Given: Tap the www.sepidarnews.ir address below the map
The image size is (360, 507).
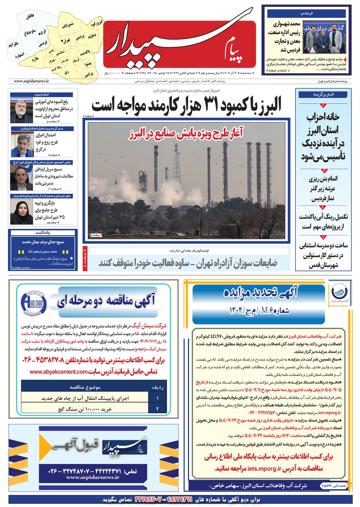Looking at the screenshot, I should [32, 82].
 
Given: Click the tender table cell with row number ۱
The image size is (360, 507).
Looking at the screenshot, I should [157, 398].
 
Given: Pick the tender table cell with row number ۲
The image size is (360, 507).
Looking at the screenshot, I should [157, 409].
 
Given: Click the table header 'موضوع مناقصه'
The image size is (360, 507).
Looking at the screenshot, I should [85, 387].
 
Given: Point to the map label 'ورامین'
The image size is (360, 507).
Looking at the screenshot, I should [89, 75].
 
